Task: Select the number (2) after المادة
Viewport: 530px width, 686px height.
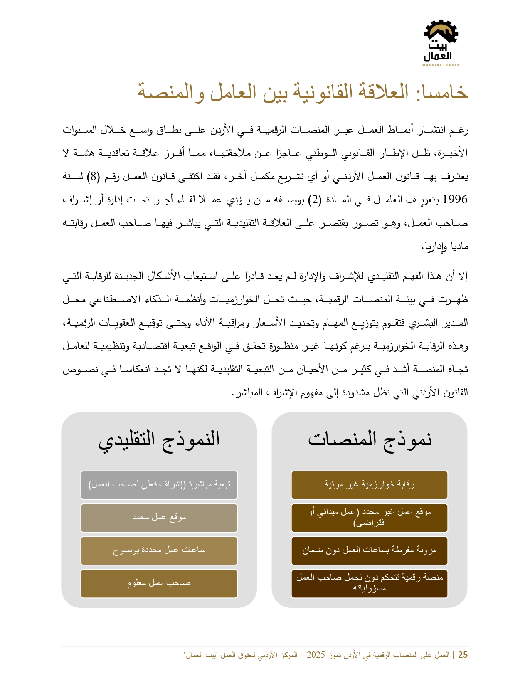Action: coord(316,200)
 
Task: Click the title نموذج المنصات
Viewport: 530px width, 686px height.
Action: coord(370,439)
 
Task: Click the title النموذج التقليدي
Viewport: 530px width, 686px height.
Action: coord(159,439)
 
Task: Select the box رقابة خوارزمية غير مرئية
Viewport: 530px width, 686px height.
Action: coord(369,485)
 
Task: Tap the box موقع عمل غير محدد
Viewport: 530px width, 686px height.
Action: coord(369,518)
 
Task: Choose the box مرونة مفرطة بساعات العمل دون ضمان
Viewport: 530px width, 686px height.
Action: coord(369,550)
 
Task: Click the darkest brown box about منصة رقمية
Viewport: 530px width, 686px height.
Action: coord(369,583)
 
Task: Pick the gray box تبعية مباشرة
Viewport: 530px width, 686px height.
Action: coord(159,485)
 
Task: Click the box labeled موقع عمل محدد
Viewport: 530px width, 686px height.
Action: coord(159,518)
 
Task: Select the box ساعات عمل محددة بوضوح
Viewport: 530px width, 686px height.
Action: coord(159,550)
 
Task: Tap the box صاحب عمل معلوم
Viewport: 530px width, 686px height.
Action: coord(159,583)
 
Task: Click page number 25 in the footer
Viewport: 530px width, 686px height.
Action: coord(463,655)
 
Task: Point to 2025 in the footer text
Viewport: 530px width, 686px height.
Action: coord(316,655)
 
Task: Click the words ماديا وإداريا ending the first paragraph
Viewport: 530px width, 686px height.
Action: coord(446,247)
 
